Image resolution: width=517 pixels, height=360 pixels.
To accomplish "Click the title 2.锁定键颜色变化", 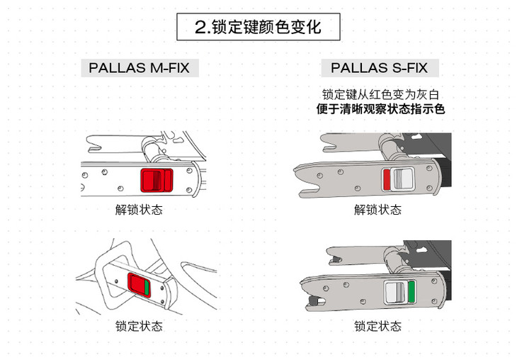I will pos(258,27).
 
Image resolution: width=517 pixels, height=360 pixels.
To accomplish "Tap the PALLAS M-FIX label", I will pos(139,68).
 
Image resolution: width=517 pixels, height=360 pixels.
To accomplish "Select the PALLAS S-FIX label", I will pos(379,68).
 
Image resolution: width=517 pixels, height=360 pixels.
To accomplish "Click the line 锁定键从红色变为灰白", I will pos(379,94).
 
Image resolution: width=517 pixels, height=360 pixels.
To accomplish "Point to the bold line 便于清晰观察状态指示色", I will pos(379,109).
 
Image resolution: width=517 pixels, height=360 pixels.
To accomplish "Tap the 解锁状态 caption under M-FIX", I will pos(139,210).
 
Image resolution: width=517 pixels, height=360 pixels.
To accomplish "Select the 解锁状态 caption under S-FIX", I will pos(377,210).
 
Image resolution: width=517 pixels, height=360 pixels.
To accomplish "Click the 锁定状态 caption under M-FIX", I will pos(139,326).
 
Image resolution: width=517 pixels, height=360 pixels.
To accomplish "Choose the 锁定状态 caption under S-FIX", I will pos(377,326).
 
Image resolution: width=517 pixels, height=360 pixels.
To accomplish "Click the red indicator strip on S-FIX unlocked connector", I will pos(386,179).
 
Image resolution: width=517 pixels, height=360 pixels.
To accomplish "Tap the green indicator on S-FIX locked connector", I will pos(411,291).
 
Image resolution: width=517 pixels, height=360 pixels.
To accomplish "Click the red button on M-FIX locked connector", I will pos(135,284).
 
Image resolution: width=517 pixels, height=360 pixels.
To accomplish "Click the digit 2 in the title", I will pos(200,28).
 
